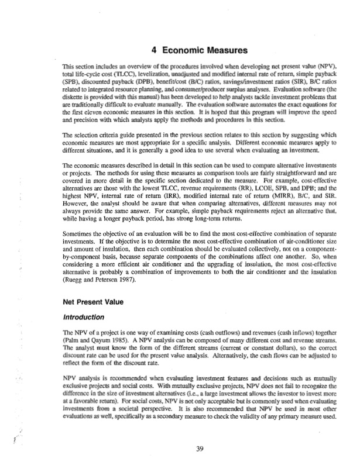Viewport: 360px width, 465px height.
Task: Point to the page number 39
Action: click(x=200, y=449)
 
